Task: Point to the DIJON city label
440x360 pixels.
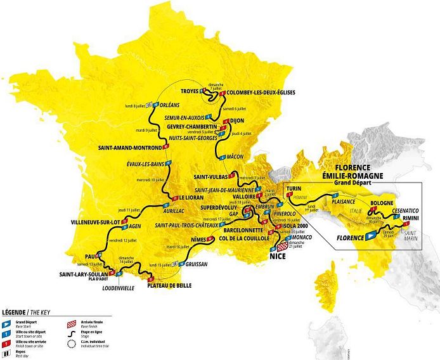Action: [x=236, y=119]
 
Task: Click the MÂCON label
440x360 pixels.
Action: [x=236, y=157]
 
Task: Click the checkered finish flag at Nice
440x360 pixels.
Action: [x=281, y=248]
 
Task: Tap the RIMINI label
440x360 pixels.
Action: [x=413, y=218]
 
